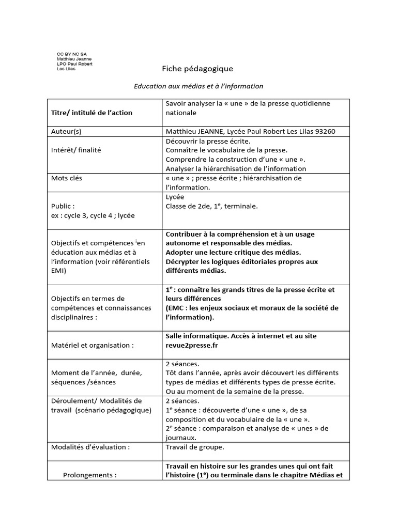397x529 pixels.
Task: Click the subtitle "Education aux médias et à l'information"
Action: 198,86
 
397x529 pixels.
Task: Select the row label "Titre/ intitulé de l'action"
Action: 91,113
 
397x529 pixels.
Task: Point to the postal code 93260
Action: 324,131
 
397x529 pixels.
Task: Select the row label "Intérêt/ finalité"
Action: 76,150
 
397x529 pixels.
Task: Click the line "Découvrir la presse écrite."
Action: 208,141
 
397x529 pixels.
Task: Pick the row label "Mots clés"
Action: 67,178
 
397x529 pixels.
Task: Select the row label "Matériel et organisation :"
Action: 93,345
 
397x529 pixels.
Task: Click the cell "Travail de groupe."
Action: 195,447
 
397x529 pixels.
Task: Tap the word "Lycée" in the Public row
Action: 175,197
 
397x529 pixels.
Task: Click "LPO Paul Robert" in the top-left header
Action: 75,64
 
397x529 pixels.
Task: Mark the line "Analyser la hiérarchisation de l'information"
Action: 236,168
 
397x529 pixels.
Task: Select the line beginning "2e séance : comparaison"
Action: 247,428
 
